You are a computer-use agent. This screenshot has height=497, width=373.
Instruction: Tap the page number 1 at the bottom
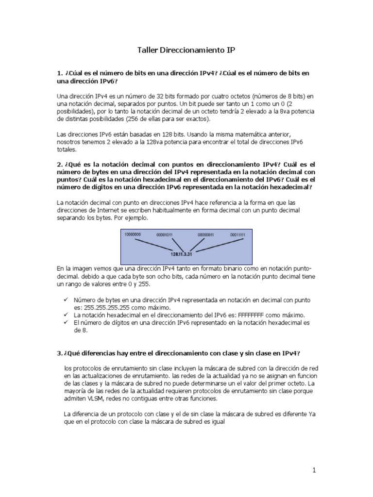pyautogui.click(x=314, y=470)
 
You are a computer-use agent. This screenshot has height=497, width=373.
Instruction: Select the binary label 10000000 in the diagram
pyautogui.click(x=133, y=234)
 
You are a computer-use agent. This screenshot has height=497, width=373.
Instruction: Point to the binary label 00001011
pyautogui.click(x=165, y=235)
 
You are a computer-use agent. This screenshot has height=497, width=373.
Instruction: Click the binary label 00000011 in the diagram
pyautogui.click(x=205, y=235)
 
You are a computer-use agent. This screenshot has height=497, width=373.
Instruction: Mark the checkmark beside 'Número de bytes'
pyautogui.click(x=66, y=300)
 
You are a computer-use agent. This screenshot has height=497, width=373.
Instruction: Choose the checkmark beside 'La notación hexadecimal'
pyautogui.click(x=66, y=315)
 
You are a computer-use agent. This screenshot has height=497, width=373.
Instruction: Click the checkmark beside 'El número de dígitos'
pyautogui.click(x=66, y=322)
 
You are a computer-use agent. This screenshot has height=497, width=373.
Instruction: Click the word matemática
pyautogui.click(x=248, y=133)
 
